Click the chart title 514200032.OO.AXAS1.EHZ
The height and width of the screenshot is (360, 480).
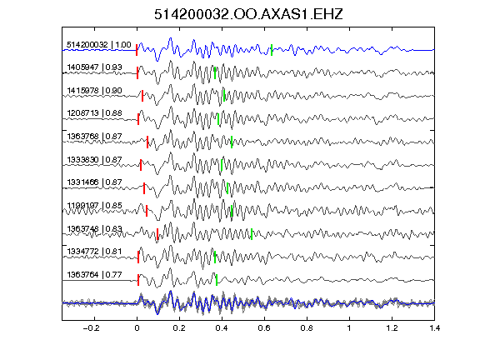(248, 14)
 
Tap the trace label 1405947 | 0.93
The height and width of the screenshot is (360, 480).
(94, 67)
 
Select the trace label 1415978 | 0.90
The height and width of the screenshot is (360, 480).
(94, 91)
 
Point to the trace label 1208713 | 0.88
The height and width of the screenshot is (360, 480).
(94, 113)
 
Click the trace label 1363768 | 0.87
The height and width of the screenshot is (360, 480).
(94, 136)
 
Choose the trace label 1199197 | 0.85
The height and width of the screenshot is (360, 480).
(94, 205)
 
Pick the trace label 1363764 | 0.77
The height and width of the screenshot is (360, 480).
(94, 275)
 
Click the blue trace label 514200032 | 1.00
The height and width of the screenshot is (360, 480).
(99, 45)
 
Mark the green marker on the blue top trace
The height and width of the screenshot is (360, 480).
(272, 50)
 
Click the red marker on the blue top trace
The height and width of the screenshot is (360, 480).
(137, 50)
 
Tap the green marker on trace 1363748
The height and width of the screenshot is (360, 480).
(252, 234)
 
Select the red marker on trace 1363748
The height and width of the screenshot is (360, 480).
(157, 234)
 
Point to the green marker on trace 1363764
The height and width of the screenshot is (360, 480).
(217, 280)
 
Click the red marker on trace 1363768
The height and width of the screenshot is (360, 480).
(147, 142)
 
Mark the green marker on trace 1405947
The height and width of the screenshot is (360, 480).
(215, 72)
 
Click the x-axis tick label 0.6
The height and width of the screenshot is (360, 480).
(264, 328)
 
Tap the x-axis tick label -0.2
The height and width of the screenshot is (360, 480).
(91, 328)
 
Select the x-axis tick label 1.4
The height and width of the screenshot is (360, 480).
(434, 328)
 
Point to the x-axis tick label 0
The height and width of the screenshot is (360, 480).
(137, 328)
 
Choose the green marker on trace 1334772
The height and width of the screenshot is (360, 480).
(215, 257)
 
